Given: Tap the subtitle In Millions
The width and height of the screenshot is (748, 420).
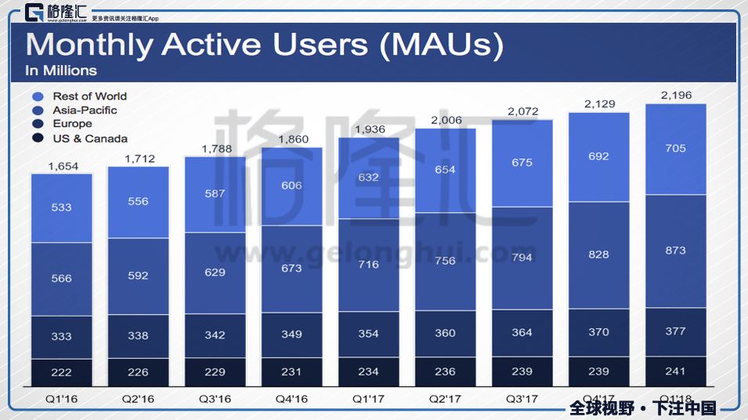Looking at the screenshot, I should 61,71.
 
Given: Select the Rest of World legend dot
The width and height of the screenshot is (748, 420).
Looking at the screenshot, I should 37,96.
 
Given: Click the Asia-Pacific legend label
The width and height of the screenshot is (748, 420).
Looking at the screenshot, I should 85,110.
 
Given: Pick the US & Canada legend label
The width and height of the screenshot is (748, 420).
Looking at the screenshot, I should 90,139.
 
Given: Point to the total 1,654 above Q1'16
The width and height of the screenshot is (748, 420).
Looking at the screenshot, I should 62,165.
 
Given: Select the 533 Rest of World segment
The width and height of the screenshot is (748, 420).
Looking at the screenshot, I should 62,208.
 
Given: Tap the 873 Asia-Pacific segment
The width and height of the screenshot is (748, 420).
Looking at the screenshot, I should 675,251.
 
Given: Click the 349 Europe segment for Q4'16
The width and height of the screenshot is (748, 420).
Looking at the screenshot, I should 291,335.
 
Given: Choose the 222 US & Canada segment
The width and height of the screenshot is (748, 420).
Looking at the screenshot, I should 62,371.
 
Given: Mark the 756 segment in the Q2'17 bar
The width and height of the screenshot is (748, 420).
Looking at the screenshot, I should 445,261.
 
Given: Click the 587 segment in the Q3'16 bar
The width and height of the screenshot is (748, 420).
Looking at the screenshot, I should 215,194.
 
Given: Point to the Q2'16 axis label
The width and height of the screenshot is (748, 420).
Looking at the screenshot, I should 138,399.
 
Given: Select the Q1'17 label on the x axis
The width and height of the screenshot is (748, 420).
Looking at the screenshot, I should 368,399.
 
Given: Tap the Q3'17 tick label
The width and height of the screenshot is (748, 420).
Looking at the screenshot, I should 522,399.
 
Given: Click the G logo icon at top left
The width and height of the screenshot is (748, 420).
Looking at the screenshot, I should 34,13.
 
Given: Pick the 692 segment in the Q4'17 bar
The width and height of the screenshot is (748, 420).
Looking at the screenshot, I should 598,157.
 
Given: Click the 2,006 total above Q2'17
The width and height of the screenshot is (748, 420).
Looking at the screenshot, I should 445,120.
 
